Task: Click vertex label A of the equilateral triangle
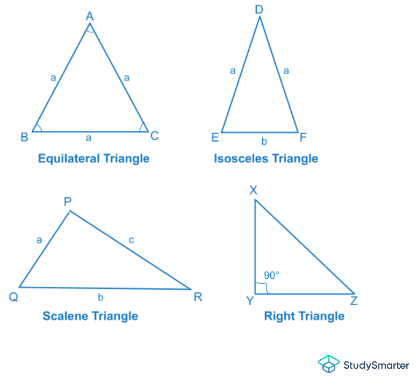pos(90,16)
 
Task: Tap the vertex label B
pos(24,137)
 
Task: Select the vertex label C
pos(154,136)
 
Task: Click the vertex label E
pos(215,138)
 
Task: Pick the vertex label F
pos(302,137)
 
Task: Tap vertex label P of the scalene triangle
pos(68,202)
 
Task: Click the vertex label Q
pos(13,297)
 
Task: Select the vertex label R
pos(198,297)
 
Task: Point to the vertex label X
pos(254,190)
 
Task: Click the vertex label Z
pos(354,301)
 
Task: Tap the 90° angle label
pos(271,276)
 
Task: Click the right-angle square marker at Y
pos(261,288)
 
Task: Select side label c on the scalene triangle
pos(132,240)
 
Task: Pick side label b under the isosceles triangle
pos(264,142)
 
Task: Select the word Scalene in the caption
pos(65,316)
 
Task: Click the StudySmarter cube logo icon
pos(328,364)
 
